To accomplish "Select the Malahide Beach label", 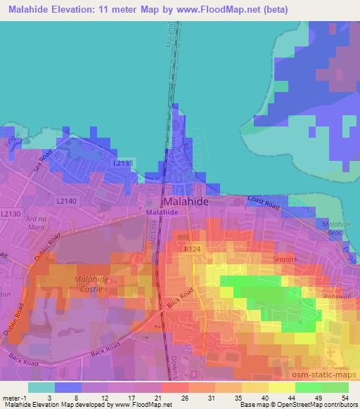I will pos(331,227).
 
